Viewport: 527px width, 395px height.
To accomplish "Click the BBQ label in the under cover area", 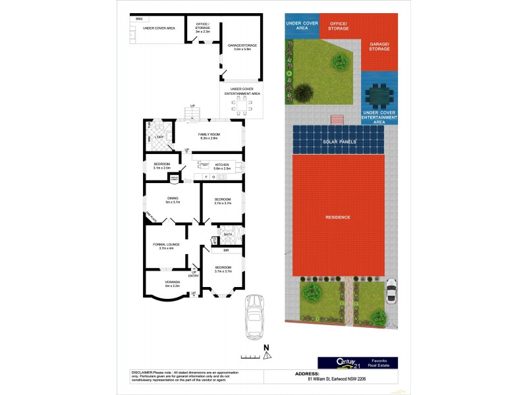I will pyautogui.click(x=139, y=19).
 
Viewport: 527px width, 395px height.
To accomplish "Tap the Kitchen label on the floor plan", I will pyautogui.click(x=221, y=166).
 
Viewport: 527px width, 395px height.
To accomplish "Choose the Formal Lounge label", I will pyautogui.click(x=165, y=246).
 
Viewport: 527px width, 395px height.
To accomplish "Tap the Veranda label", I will pyautogui.click(x=172, y=284).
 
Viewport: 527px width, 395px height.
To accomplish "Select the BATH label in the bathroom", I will pyautogui.click(x=228, y=234).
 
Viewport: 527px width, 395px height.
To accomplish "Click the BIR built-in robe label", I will pyautogui.click(x=225, y=251).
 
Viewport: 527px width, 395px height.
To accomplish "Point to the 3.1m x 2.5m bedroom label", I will pyautogui.click(x=162, y=166).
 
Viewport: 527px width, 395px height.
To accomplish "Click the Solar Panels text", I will pyautogui.click(x=339, y=142).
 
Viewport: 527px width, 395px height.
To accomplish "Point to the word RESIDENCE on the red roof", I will pyautogui.click(x=337, y=217).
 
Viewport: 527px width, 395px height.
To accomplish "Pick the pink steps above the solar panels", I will pyautogui.click(x=337, y=119).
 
